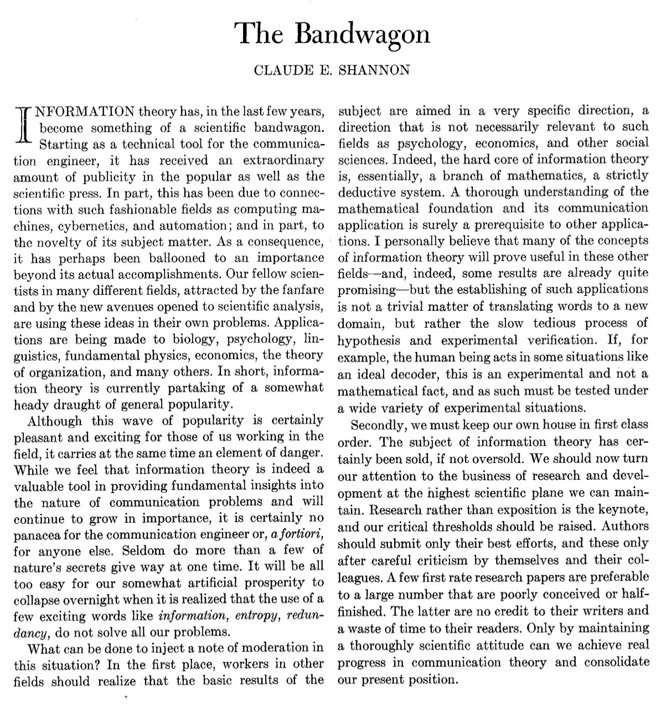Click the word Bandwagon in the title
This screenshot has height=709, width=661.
pos(362,34)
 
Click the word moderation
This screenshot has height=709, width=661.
pos(275,648)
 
